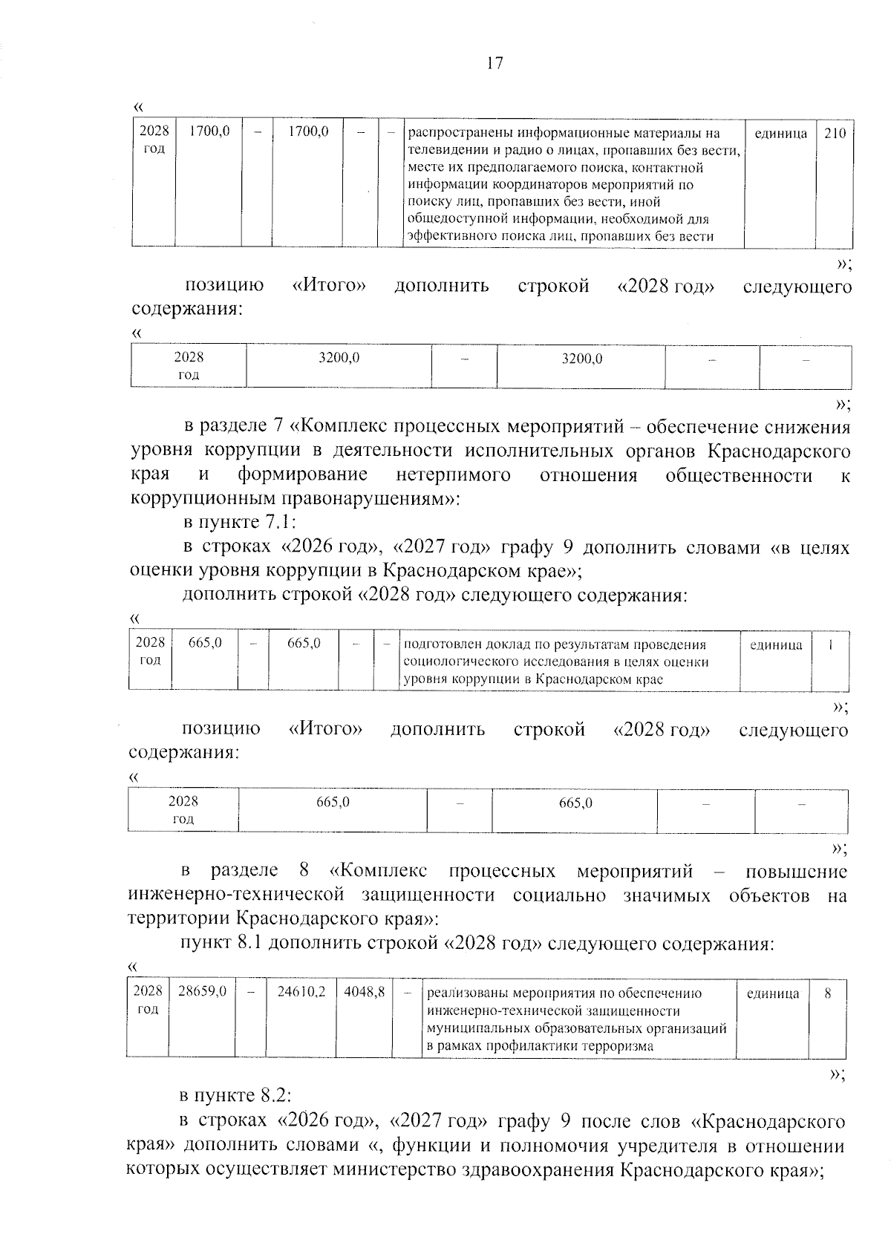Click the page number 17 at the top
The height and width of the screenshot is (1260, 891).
coord(495,63)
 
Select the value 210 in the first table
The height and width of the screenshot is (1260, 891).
coord(835,134)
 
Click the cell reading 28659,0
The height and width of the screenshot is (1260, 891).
coord(202,991)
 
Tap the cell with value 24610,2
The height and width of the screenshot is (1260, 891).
coord(301,991)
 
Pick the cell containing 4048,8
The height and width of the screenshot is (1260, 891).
coord(364,991)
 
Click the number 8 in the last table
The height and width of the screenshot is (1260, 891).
coord(827,993)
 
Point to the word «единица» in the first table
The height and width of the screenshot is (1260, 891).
coord(780,134)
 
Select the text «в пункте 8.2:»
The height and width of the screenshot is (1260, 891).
coord(238,1095)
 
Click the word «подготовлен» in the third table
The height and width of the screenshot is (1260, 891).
coord(436,644)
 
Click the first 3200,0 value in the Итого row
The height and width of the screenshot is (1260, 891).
coord(339,358)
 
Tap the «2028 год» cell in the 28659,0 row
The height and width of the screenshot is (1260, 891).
coord(148,999)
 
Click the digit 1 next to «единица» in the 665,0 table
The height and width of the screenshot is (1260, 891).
coord(830,644)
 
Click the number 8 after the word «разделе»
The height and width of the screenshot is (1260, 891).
coord(302,870)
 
